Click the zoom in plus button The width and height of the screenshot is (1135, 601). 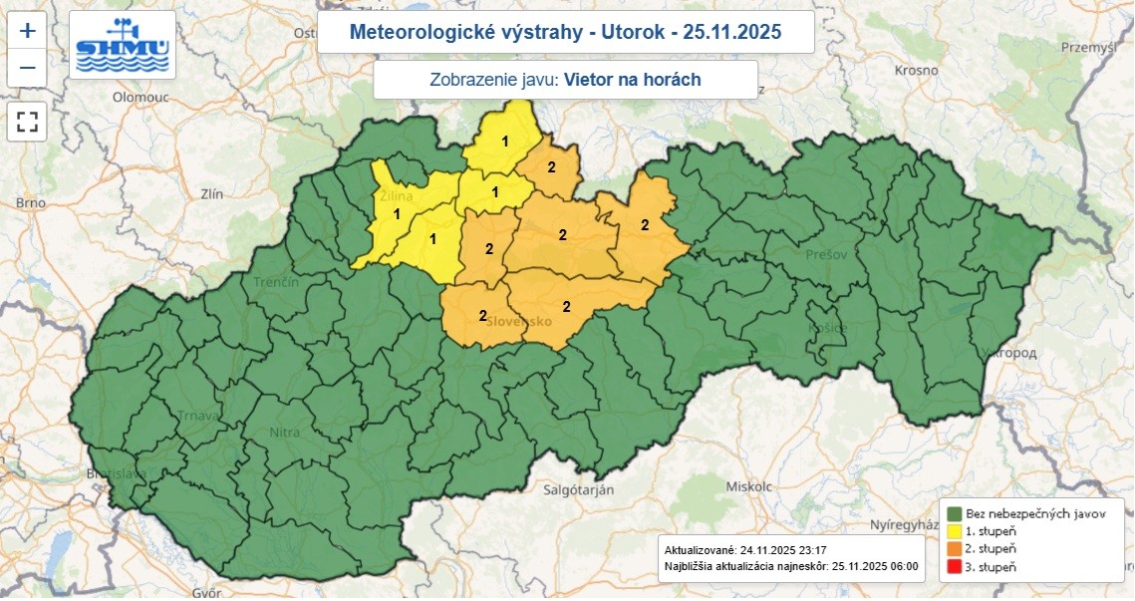pos(28,30)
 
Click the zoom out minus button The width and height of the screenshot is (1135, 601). pos(28,68)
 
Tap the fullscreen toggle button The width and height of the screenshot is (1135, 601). pos(28,123)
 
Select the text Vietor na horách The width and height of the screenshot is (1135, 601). pos(632,80)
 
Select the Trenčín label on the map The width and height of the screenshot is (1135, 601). pos(276,283)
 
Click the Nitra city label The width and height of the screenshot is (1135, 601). pos(284,433)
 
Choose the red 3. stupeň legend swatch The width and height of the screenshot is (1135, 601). pos(954,567)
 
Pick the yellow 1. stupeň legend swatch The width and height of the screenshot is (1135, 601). pos(954,531)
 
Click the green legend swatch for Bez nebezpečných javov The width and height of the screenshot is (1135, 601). pos(954,513)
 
